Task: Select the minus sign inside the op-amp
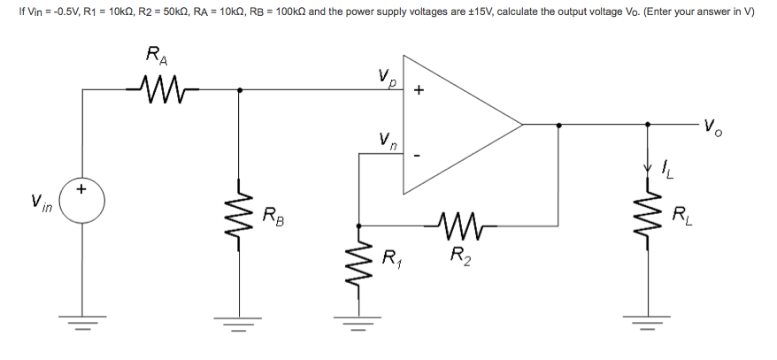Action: [x=419, y=157]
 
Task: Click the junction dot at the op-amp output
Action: [x=558, y=125]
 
